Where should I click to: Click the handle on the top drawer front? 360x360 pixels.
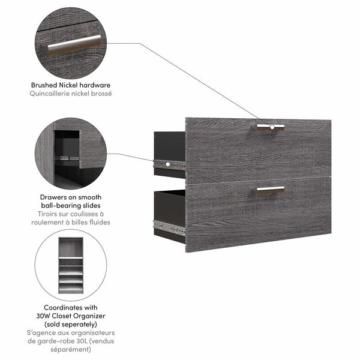click(x=270, y=126)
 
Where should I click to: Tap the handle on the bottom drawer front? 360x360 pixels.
click(x=270, y=189)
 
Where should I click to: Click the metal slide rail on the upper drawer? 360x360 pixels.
click(x=169, y=163)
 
